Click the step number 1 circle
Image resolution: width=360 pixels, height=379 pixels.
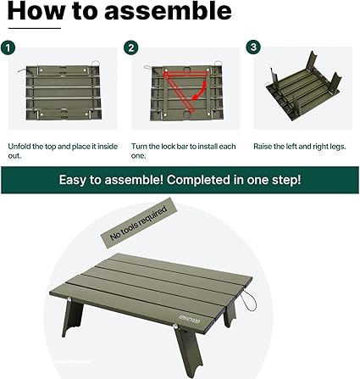click(8, 47)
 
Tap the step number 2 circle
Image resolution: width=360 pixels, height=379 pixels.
click(131, 47)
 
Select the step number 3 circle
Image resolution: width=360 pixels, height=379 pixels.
click(253, 47)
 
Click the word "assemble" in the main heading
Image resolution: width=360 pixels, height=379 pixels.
click(168, 11)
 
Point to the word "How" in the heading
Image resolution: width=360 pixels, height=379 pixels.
click(36, 11)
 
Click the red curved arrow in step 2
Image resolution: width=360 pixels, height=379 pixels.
click(200, 91)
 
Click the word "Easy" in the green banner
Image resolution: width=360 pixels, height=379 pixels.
click(73, 180)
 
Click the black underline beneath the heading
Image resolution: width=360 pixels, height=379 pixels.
click(35, 28)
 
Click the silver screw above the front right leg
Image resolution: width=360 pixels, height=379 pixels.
click(176, 327)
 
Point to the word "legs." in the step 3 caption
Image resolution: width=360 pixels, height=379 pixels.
click(336, 147)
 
